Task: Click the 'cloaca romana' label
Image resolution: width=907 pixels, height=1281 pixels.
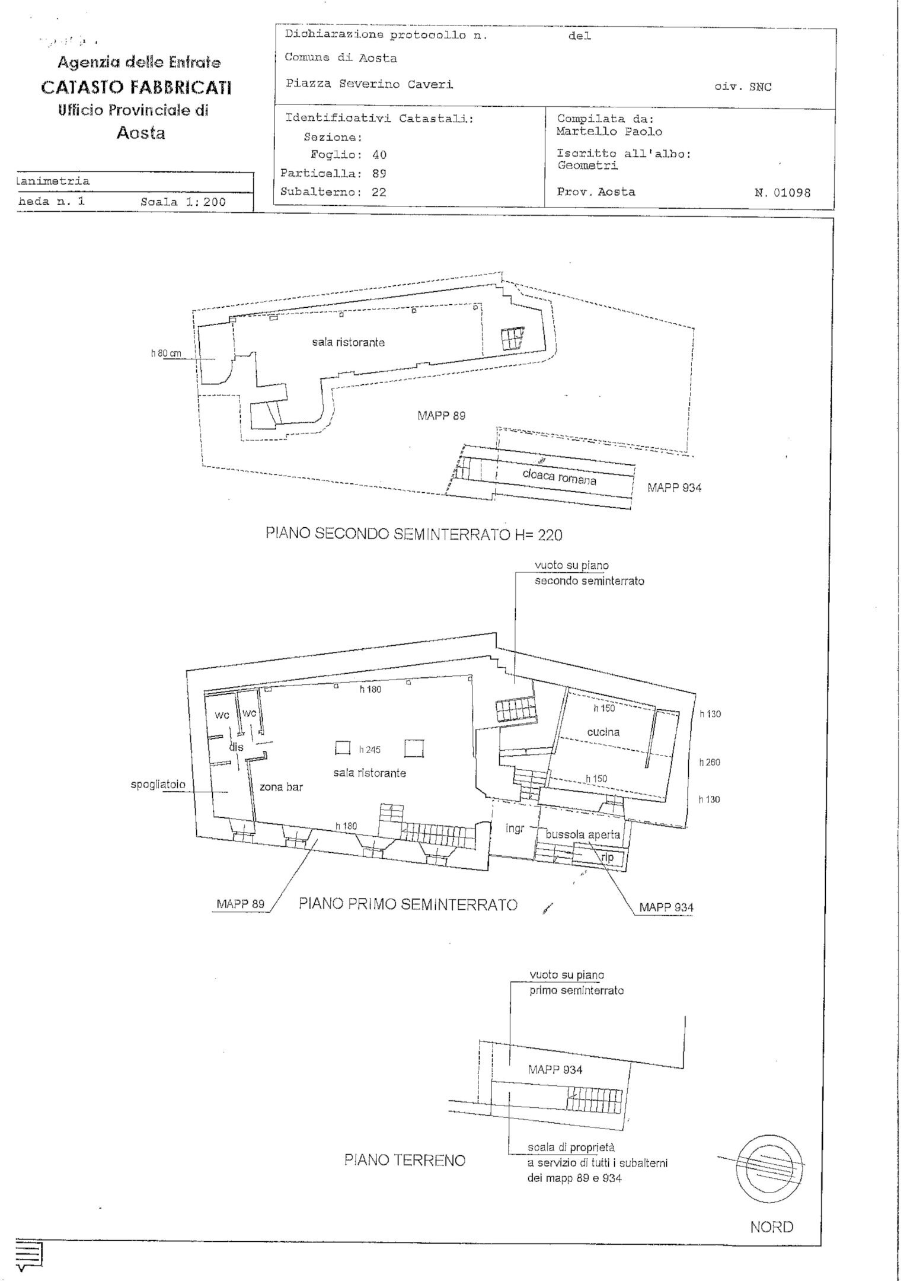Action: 559,476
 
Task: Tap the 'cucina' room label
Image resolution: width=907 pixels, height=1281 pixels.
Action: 603,732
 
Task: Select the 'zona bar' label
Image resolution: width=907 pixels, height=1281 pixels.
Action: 281,788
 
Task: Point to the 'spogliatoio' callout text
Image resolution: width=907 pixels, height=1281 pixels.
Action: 158,785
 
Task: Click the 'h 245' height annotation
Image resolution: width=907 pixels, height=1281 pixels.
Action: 369,750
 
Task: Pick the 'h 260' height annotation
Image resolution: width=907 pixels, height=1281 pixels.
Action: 710,762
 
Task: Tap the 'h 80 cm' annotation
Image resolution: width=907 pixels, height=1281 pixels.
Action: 165,354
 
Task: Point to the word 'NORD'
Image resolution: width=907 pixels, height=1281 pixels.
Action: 771,1227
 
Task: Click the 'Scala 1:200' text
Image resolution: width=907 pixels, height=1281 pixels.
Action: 183,202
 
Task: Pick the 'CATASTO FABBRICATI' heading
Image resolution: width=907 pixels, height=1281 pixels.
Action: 136,88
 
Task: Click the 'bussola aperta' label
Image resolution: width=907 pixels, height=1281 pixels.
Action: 583,834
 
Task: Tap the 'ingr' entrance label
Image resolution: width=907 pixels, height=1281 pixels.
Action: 515,828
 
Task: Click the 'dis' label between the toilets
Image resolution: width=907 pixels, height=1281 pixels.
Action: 237,747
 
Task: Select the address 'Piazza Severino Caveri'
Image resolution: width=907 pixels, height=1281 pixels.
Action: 369,84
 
